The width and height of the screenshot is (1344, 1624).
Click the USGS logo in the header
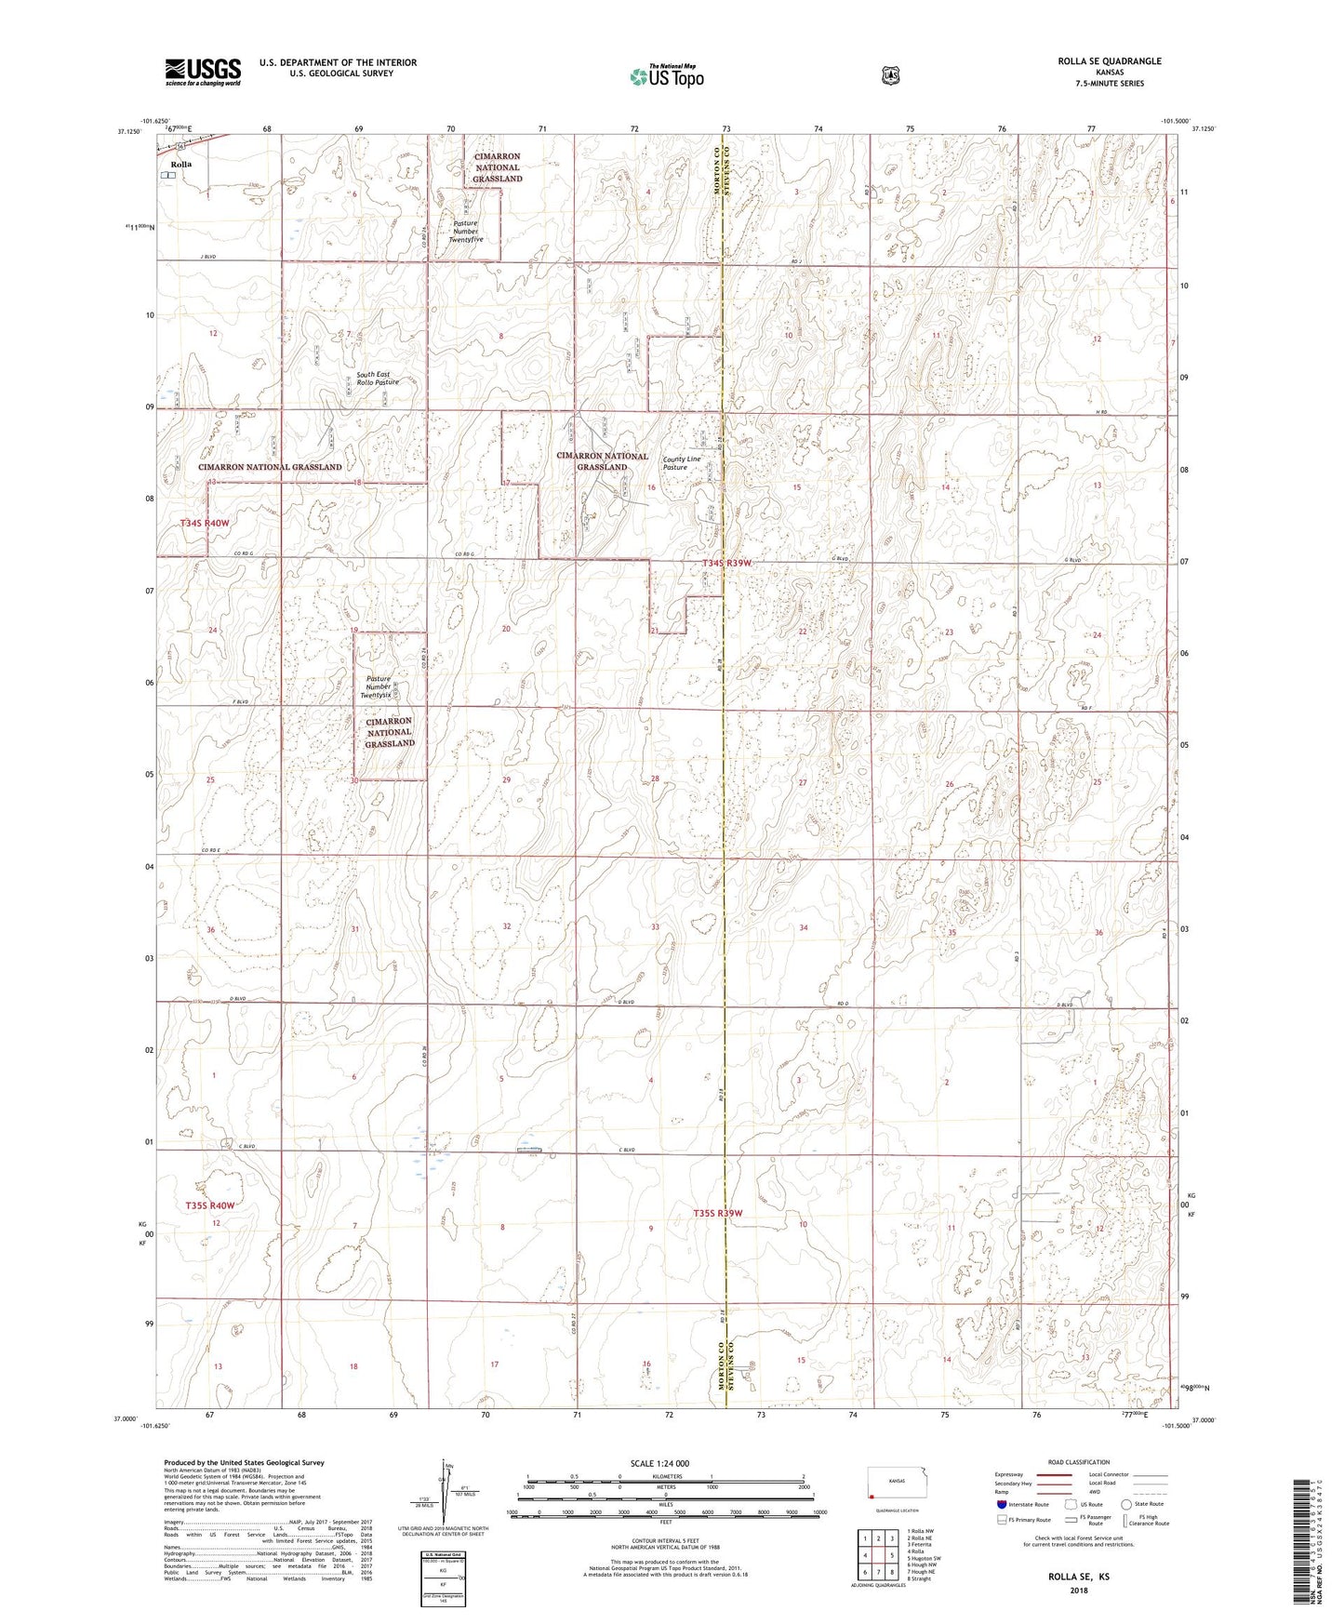point(203,72)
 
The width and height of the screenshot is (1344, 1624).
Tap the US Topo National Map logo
point(665,75)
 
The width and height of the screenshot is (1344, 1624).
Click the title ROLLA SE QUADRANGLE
point(1109,61)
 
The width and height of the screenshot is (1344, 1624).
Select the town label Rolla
point(180,165)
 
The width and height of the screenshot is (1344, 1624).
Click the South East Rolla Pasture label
point(377,379)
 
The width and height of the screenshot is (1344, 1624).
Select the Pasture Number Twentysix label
point(378,686)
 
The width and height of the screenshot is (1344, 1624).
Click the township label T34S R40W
point(205,524)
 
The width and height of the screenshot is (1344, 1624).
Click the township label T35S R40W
point(209,1205)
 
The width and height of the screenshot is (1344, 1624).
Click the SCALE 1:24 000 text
point(659,1463)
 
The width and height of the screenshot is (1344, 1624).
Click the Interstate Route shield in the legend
point(1001,1504)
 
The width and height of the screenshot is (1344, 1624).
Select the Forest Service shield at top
point(890,75)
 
